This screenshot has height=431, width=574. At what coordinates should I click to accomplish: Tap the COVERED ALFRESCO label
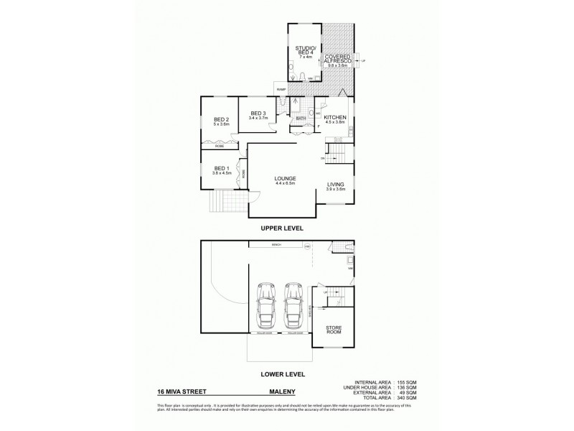point(337,59)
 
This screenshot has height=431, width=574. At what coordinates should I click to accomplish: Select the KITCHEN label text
point(335,119)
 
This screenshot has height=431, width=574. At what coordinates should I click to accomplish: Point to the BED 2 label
point(221,121)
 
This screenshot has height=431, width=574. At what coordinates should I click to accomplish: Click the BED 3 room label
point(258,114)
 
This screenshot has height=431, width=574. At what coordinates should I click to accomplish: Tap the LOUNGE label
point(284,180)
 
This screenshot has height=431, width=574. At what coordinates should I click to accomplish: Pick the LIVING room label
point(336,185)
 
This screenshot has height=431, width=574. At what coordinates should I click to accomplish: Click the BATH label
point(301,119)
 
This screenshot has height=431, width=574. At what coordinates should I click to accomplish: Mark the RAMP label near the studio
point(280,90)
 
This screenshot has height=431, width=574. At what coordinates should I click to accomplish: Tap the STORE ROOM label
point(334,331)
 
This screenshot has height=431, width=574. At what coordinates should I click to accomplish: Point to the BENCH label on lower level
point(276,245)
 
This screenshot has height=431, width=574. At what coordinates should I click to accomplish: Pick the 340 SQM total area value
point(406,398)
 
